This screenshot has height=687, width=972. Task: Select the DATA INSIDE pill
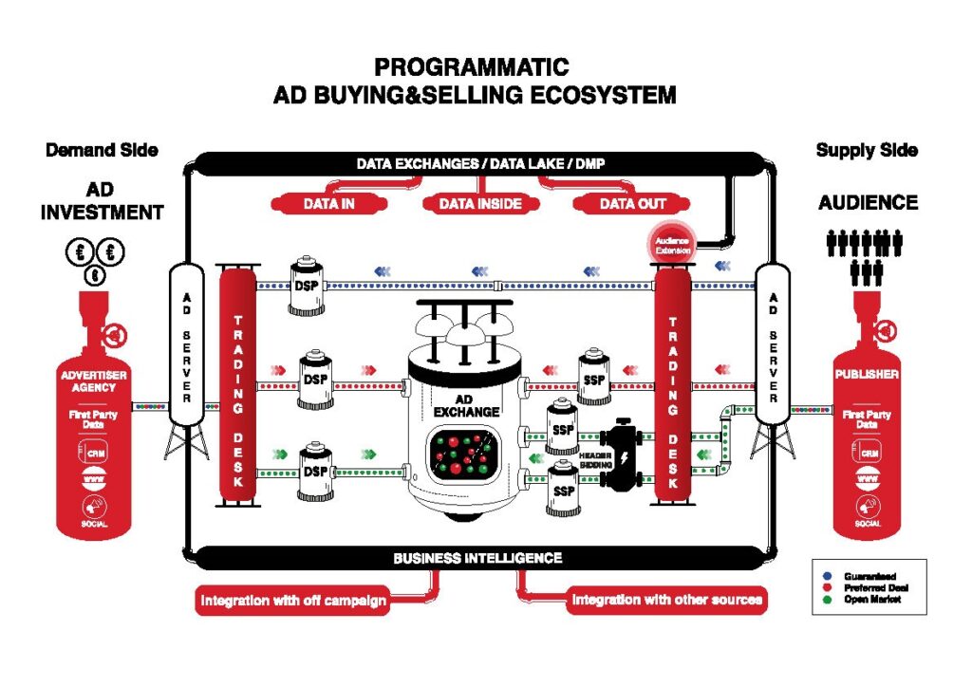(480, 204)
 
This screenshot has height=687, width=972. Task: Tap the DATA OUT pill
(633, 204)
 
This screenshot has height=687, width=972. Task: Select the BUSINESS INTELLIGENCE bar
(477, 558)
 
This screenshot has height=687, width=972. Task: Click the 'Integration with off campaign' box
(292, 601)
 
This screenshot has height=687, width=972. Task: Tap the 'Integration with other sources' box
(666, 601)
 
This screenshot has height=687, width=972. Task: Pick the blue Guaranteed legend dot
(825, 576)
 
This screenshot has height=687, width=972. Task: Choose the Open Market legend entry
(865, 600)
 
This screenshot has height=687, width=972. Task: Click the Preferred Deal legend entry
(865, 587)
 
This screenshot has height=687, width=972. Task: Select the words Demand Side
(102, 151)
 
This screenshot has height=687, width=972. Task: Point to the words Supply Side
(867, 151)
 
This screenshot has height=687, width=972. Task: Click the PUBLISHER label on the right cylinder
(867, 374)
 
